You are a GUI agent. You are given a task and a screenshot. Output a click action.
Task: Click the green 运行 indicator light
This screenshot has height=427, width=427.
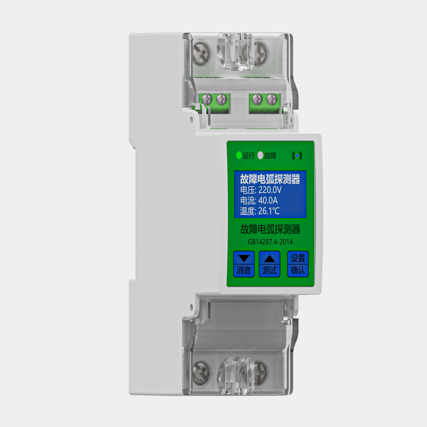(239, 155)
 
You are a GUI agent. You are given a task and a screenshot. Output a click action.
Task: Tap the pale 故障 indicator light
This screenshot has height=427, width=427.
(260, 155)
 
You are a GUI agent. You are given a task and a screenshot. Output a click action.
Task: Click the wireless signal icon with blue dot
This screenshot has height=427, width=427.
(297, 155)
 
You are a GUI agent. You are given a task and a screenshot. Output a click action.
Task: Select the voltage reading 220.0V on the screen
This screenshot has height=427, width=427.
(270, 190)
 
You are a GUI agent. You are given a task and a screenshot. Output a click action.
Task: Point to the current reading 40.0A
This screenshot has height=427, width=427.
(268, 201)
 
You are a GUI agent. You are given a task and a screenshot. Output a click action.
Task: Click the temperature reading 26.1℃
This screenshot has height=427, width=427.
(269, 211)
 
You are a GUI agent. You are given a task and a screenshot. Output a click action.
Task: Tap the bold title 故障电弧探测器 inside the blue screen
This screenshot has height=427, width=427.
(270, 179)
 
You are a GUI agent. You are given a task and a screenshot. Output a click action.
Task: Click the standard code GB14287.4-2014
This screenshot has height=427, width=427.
(270, 242)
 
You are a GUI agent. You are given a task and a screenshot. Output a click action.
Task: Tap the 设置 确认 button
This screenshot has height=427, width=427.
(298, 264)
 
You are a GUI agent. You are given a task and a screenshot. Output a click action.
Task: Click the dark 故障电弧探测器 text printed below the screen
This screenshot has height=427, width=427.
(270, 230)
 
